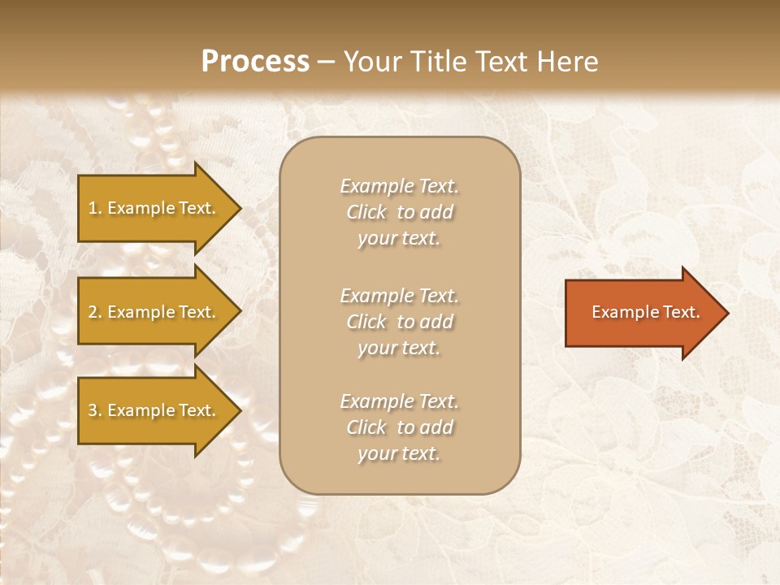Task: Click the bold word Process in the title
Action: [x=255, y=62]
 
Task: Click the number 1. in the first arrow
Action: [x=95, y=208]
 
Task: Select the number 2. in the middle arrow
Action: [x=95, y=312]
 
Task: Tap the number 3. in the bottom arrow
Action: [x=95, y=410]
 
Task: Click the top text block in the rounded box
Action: [x=399, y=212]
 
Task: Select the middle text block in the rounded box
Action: [x=399, y=322]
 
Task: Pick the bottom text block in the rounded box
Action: [x=399, y=427]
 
